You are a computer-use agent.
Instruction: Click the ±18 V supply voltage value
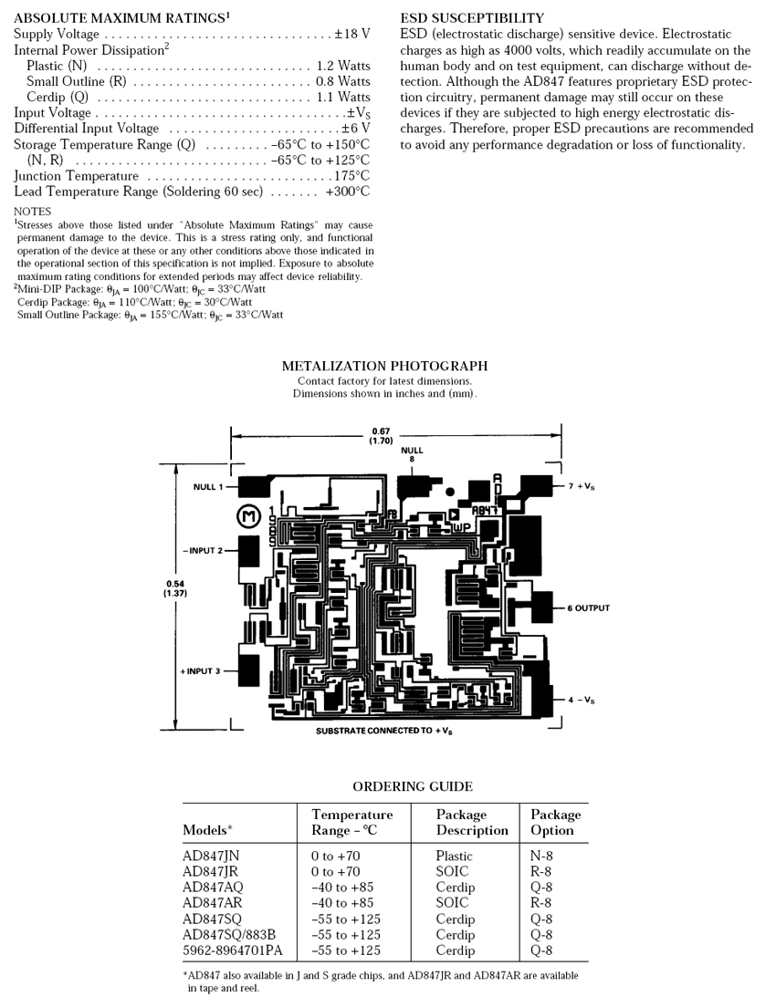tap(351, 34)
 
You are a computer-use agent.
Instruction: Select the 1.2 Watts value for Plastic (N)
tap(343, 66)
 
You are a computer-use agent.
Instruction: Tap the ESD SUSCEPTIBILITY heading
tap(472, 18)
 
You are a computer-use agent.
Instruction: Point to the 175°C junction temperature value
tap(351, 176)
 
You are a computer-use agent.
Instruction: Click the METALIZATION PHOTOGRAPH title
tap(384, 366)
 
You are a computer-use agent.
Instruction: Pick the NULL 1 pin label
tap(205, 487)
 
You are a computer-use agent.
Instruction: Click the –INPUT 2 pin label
tap(202, 551)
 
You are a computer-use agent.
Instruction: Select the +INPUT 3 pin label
tap(200, 671)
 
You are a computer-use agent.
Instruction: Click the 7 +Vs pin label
tap(582, 487)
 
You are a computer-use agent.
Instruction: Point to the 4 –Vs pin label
tap(581, 700)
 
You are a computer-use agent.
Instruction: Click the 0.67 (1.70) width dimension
tap(381, 435)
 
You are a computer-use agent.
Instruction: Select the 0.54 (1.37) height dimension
tap(173, 588)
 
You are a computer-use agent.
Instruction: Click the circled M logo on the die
tap(248, 517)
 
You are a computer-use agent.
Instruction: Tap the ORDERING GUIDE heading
tap(413, 786)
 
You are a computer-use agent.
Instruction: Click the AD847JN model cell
tap(211, 857)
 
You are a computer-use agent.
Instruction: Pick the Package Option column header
tap(555, 822)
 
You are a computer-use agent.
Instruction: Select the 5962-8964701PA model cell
tap(233, 950)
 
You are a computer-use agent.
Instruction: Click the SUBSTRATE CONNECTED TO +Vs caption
tap(393, 732)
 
